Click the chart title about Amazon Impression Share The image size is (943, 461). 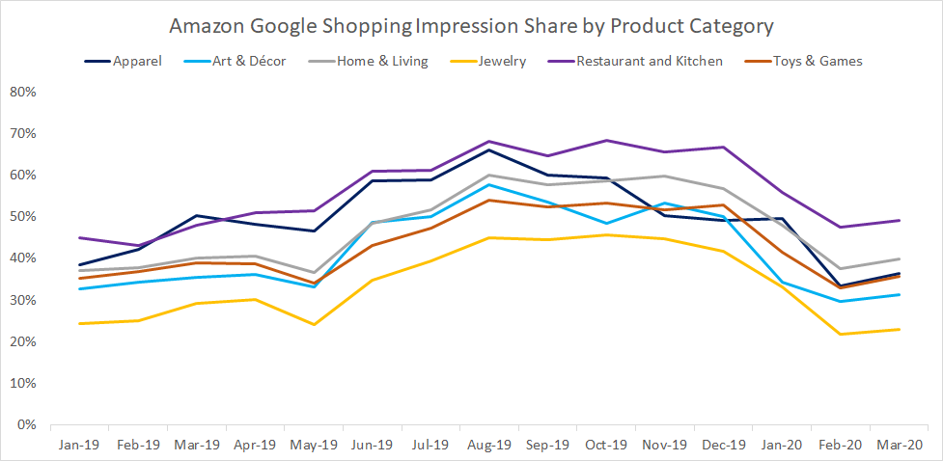point(471,25)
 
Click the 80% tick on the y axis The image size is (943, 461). point(23,93)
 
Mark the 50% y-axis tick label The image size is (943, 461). point(23,217)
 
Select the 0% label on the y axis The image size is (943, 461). point(27,424)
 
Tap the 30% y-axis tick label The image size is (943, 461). point(23,300)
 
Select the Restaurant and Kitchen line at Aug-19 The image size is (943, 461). point(489,142)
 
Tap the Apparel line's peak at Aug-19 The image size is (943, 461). point(489,149)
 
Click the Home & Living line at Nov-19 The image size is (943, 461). point(665,176)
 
